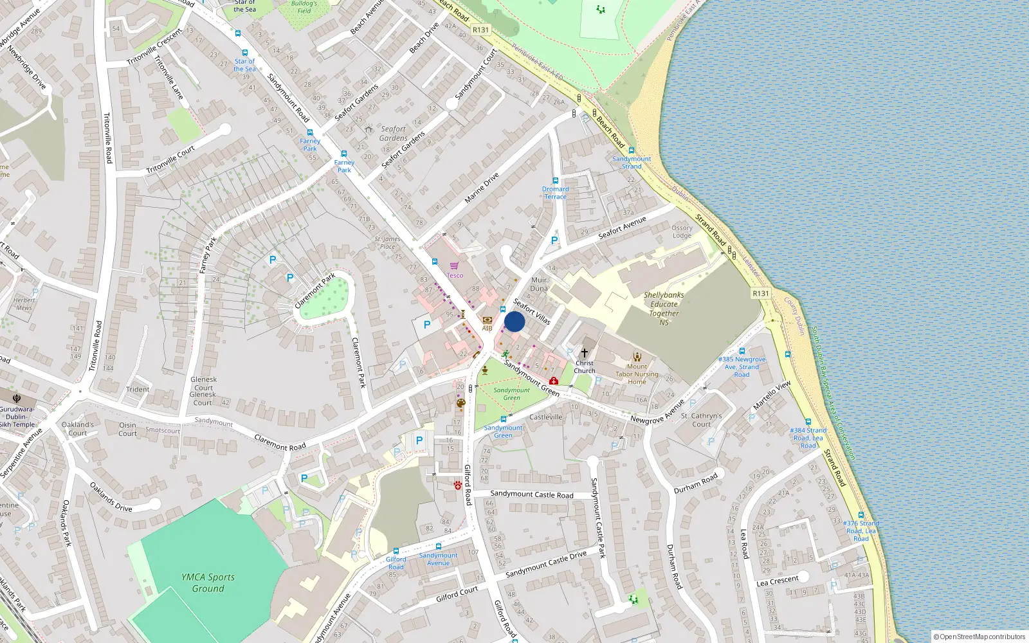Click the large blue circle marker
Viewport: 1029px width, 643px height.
coord(514,321)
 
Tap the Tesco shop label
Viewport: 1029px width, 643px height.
coord(455,275)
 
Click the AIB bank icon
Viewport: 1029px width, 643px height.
coord(487,320)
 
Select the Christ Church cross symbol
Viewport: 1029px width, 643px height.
coord(585,353)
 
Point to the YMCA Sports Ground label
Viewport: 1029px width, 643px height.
coord(208,583)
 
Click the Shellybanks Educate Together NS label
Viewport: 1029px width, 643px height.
coord(664,309)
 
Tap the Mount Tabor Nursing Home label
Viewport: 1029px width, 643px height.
coord(637,374)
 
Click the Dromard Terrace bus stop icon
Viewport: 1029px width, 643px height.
coord(555,181)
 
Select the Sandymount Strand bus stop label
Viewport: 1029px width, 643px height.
coord(632,162)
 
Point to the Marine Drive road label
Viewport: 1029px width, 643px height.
coord(482,188)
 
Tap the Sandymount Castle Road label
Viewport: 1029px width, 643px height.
coord(531,494)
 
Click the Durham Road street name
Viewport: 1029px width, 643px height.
coord(695,484)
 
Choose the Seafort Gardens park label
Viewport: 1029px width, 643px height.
coord(393,133)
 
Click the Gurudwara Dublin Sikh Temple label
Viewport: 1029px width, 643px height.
coord(17,417)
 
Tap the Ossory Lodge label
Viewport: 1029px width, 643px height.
coord(682,231)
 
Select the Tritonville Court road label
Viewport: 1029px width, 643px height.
coord(170,160)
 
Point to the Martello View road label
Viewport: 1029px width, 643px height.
coord(772,395)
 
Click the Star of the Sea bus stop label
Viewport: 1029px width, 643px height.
coord(244,65)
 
